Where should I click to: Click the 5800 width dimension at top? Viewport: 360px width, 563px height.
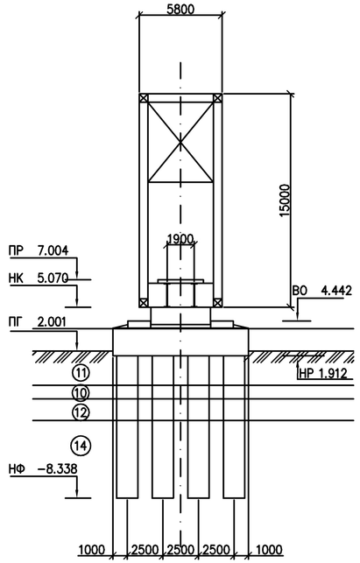180,9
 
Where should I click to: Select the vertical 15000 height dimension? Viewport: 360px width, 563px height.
284,201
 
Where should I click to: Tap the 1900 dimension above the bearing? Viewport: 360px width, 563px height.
180,239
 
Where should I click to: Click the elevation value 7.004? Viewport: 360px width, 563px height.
53,250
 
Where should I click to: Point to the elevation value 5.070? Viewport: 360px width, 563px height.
53,278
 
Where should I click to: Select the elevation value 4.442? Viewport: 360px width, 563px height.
336,290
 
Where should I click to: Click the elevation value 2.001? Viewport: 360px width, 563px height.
53,321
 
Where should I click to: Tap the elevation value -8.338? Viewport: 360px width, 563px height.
58,468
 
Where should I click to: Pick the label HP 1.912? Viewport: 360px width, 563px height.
322,374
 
